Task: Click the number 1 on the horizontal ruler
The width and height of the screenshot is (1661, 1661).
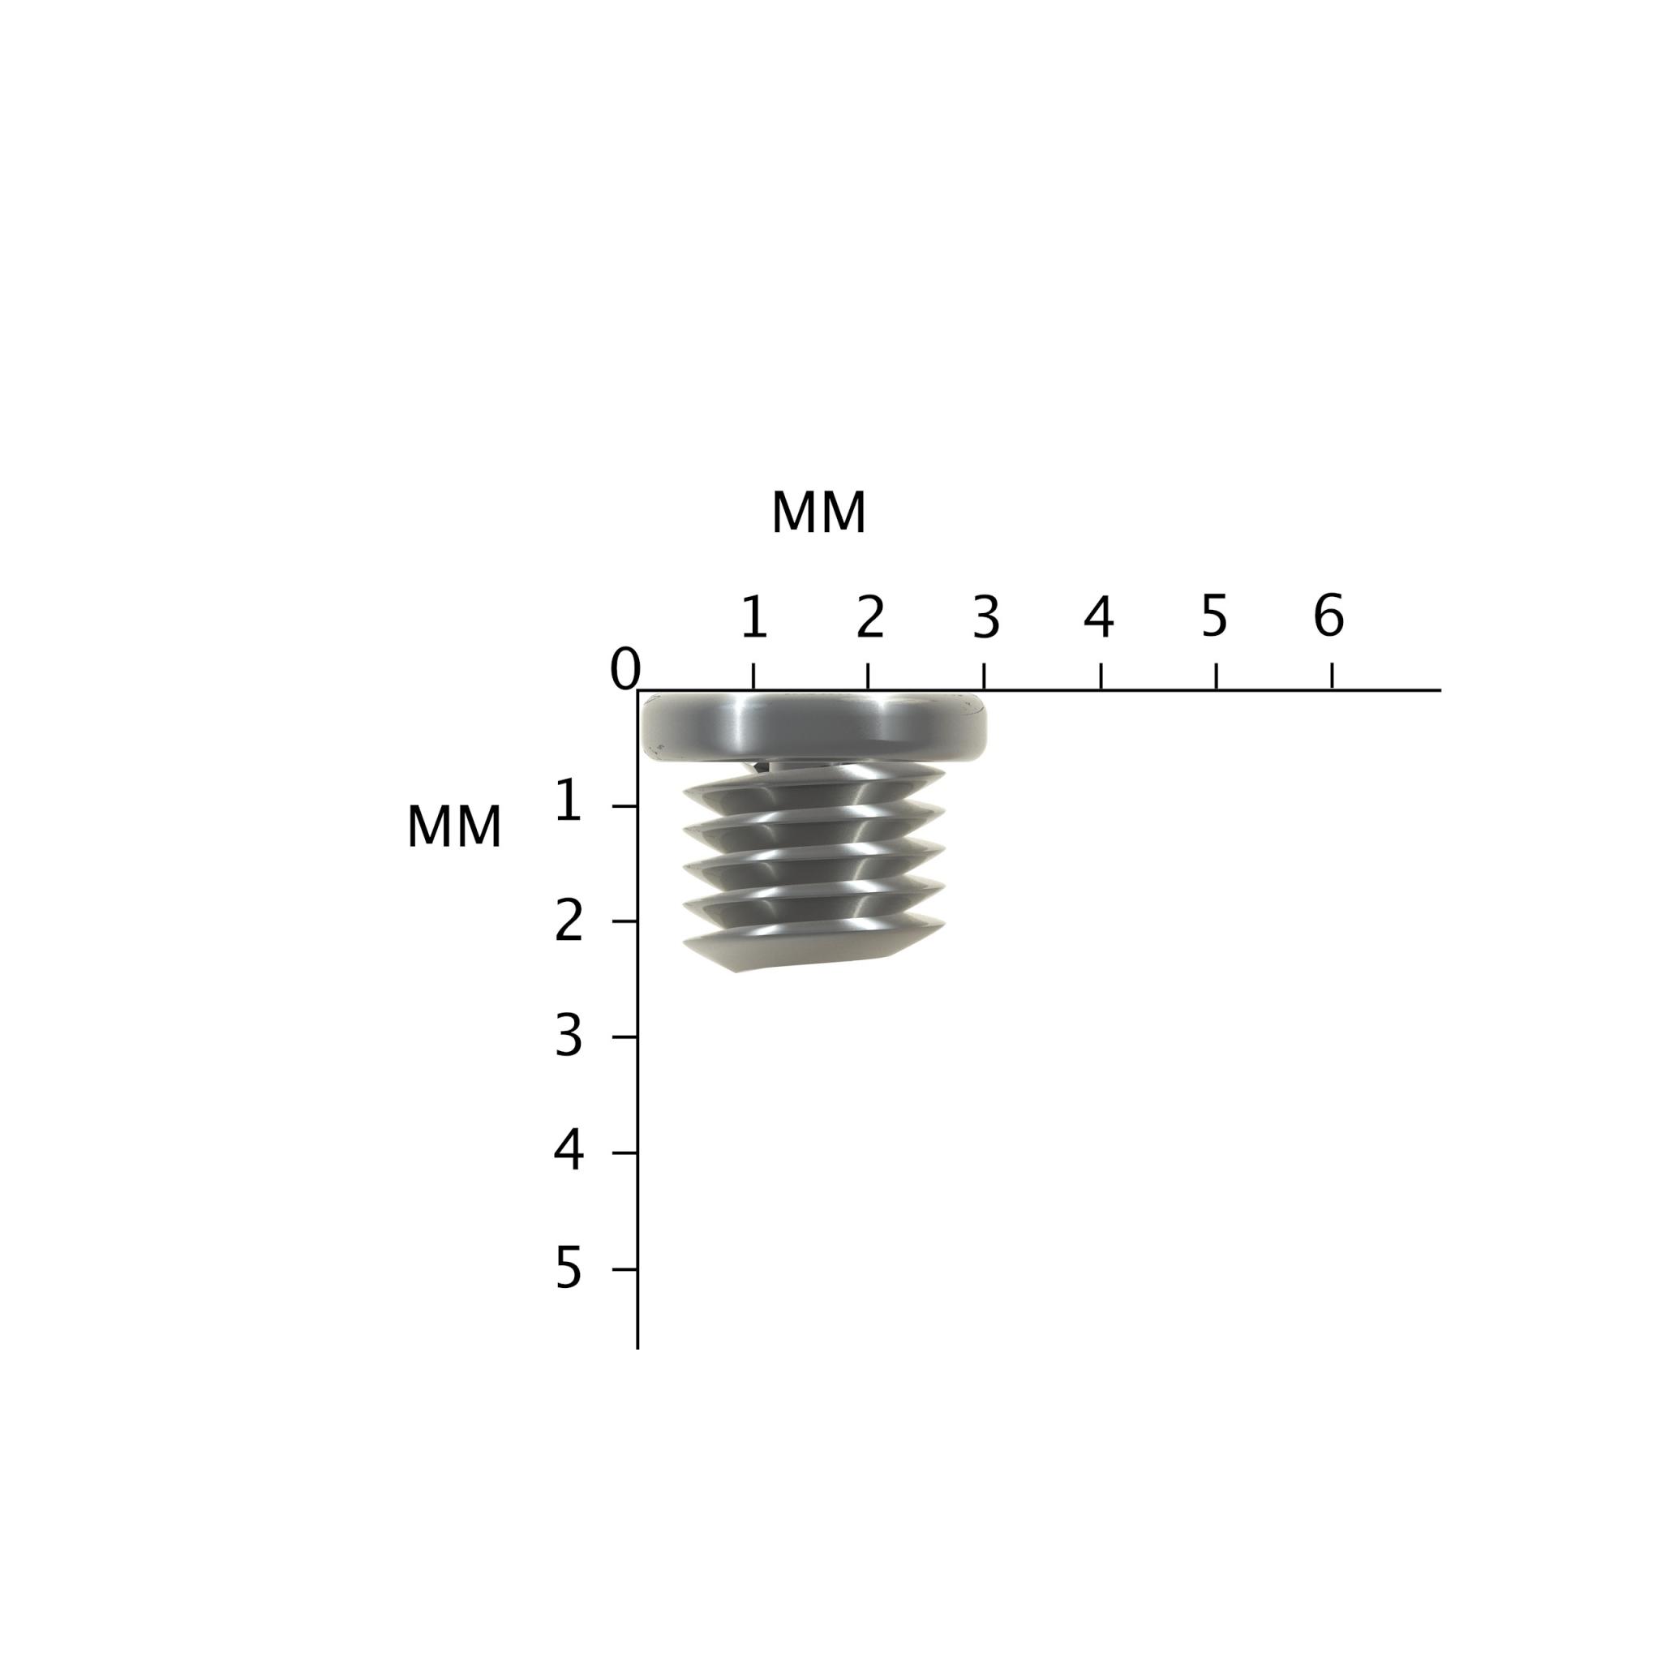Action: point(754,617)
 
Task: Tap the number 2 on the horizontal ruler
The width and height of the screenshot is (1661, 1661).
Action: point(870,617)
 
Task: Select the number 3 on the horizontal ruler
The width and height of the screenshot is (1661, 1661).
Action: point(986,617)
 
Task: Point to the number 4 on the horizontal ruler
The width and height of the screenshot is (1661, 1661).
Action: point(1099,617)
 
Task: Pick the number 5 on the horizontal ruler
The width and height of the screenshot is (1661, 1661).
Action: point(1214,616)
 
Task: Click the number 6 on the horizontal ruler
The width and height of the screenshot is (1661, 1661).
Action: point(1328,616)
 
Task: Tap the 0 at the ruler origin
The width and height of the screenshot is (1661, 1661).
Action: point(625,668)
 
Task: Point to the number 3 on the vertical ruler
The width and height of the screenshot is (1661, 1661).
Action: point(569,1037)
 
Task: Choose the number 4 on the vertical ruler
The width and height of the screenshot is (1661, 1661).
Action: point(569,1150)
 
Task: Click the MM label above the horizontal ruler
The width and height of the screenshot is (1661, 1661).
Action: point(818,513)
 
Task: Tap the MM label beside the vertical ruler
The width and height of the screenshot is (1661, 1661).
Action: point(453,828)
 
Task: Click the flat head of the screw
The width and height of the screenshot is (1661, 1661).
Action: point(813,727)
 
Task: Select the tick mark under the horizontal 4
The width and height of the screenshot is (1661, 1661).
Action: point(1101,676)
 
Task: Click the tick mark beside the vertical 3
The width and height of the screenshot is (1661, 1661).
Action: point(624,1037)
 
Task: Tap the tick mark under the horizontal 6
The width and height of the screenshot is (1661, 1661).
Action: point(1332,676)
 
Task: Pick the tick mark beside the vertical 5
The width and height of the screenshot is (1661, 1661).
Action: point(624,1269)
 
